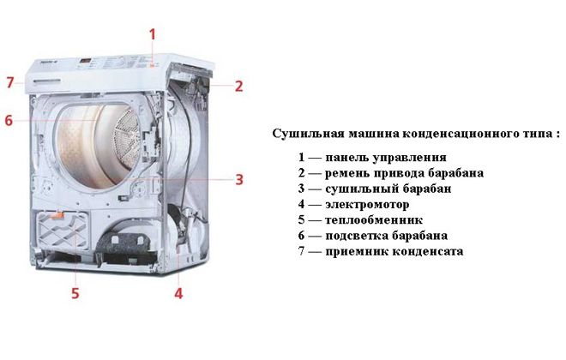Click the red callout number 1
pyautogui.click(x=154, y=34)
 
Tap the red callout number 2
pyautogui.click(x=239, y=86)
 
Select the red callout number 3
pyautogui.click(x=239, y=179)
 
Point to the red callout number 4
pyautogui.click(x=178, y=293)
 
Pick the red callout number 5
pyautogui.click(x=75, y=293)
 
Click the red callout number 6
pyautogui.click(x=9, y=121)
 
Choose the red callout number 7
pyautogui.click(x=10, y=82)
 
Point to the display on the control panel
pyautogui.click(x=89, y=62)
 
